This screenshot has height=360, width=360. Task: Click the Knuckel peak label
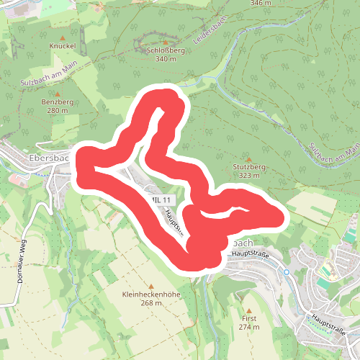[x=63, y=45]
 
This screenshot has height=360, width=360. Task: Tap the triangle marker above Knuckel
[x=63, y=35]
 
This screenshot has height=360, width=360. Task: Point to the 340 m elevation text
[x=165, y=59]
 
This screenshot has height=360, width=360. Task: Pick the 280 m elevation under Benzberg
[x=57, y=111]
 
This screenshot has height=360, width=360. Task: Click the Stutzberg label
[x=250, y=167]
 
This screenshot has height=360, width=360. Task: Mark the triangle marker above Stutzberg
[x=250, y=158]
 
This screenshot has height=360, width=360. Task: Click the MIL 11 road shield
[x=159, y=198]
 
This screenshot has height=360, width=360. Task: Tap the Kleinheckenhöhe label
[x=151, y=294]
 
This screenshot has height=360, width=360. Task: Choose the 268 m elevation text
[x=151, y=303]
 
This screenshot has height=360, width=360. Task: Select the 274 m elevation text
[x=249, y=326]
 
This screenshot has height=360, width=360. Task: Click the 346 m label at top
[x=261, y=3]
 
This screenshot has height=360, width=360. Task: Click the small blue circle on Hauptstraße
[x=286, y=271]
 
